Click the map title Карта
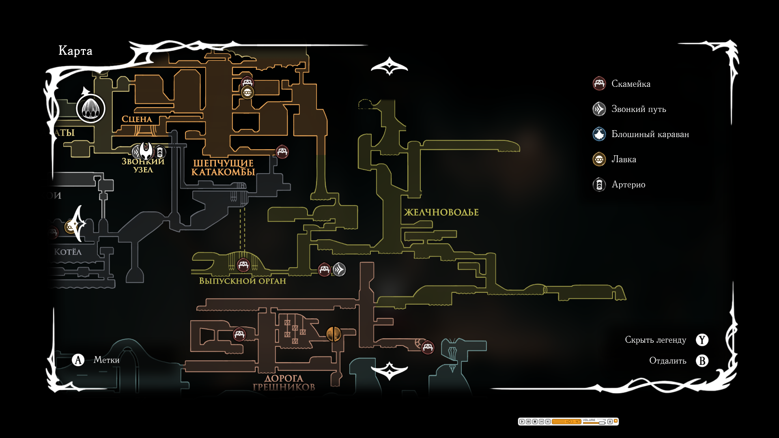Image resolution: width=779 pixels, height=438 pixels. (x=75, y=51)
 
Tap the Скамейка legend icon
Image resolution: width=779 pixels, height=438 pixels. (x=599, y=84)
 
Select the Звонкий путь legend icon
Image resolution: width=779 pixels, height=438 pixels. (x=599, y=109)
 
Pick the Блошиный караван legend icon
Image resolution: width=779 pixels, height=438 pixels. (x=599, y=134)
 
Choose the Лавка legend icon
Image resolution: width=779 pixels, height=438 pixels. (x=599, y=159)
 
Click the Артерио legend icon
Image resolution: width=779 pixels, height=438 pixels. (x=599, y=185)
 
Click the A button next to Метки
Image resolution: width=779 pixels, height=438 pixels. (x=78, y=360)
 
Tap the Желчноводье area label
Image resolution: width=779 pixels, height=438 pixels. (x=441, y=213)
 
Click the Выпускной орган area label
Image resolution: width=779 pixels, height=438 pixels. (x=242, y=281)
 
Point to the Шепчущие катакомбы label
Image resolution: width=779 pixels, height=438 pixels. (x=223, y=167)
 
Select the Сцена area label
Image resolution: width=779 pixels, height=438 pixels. (x=137, y=119)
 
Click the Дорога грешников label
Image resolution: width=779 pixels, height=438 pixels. (x=284, y=382)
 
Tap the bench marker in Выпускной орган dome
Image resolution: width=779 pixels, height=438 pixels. (x=243, y=265)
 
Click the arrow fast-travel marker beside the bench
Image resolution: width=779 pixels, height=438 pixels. (x=339, y=269)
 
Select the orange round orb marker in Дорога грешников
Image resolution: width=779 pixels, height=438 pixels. (x=334, y=334)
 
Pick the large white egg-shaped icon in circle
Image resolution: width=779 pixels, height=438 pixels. (x=90, y=108)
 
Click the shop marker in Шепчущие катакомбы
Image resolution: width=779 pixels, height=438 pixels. (x=247, y=92)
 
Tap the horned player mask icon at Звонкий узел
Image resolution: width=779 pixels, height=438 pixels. (x=146, y=151)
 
